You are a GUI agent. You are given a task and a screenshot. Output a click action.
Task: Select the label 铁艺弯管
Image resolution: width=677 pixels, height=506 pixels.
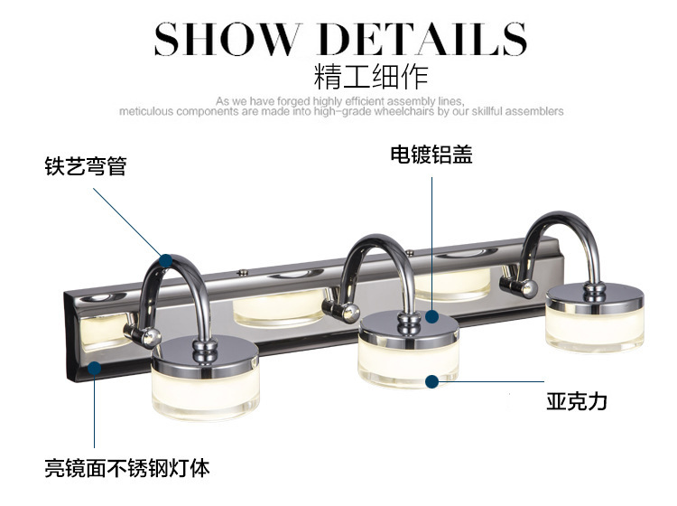86,167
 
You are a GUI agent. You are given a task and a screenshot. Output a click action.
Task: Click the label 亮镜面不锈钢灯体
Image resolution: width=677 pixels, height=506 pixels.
127,468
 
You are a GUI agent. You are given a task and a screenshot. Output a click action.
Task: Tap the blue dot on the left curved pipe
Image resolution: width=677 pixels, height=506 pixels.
165,260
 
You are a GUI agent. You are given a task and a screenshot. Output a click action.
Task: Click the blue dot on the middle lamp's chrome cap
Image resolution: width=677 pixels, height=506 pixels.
432,317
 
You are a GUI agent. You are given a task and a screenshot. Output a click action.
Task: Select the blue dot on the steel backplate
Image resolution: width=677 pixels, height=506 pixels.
95,366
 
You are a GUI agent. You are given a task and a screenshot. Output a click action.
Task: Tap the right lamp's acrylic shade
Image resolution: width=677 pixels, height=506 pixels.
593,326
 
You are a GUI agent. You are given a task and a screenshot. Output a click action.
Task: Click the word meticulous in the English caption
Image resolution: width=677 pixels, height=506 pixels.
146,112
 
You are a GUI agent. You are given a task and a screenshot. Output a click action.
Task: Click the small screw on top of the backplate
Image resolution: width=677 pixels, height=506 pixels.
244,270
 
